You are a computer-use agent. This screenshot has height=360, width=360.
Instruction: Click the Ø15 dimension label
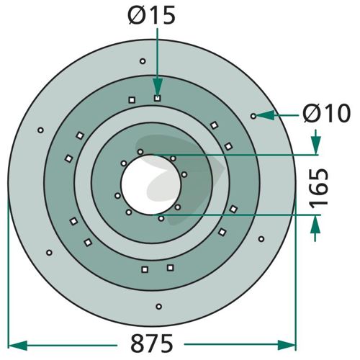click(152, 15)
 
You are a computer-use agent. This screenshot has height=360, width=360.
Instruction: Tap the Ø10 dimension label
click(326, 113)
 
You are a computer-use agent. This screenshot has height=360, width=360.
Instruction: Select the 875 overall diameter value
click(151, 343)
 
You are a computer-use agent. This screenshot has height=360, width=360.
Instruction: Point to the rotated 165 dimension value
click(318, 187)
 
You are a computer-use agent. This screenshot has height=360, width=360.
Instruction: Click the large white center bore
click(150, 184)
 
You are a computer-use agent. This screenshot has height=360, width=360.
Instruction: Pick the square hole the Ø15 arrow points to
click(157, 98)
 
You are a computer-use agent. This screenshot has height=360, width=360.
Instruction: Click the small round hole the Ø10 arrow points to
click(253, 116)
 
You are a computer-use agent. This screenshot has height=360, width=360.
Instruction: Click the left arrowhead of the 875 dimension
click(17, 346)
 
